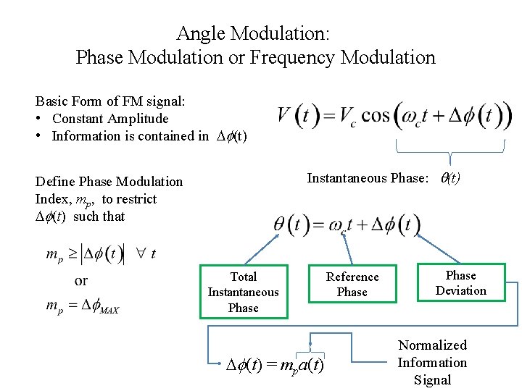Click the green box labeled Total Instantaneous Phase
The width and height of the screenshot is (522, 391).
[x=243, y=292]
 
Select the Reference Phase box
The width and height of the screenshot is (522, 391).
[x=352, y=284]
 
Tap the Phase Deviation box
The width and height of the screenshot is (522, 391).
[x=460, y=283]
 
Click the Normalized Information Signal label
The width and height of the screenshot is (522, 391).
[x=432, y=362]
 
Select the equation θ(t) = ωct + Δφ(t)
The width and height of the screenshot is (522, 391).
[x=347, y=224]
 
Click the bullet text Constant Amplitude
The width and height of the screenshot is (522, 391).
[x=110, y=119]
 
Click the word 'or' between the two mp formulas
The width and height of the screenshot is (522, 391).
[x=81, y=280]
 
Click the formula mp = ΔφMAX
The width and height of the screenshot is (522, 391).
[x=83, y=306]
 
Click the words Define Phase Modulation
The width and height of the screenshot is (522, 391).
[x=109, y=182]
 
